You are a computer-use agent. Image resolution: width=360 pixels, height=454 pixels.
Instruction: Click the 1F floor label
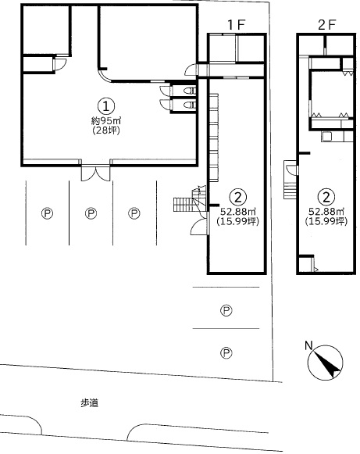236,25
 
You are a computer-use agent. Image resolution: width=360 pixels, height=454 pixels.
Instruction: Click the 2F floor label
326,25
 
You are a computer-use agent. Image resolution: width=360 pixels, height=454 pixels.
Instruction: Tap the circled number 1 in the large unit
106,106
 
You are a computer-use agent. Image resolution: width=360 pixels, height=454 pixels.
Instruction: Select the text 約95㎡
106,120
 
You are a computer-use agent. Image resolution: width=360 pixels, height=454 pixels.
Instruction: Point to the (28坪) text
106,130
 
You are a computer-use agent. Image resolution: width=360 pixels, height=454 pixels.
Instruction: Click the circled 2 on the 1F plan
238,197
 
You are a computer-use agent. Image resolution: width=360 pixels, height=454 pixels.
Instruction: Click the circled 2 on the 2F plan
326,197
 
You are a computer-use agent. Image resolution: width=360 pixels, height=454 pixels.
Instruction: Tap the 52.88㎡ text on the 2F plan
326,211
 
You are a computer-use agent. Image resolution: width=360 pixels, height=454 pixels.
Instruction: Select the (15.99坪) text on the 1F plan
237,221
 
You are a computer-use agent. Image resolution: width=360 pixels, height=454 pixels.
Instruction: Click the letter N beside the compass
308,345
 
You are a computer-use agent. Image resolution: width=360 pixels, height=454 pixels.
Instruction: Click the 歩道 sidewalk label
90,403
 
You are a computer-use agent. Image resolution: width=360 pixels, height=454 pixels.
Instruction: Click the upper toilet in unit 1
190,91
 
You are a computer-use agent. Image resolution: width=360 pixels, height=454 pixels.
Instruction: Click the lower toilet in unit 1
190,105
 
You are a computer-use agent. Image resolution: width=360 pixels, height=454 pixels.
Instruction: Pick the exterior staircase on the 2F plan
290,180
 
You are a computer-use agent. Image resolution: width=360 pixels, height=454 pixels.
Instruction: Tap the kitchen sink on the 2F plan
327,136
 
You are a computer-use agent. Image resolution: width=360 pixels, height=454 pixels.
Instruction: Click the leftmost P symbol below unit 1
47,213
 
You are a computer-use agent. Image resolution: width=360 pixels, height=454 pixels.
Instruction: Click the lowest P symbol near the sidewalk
226,353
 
